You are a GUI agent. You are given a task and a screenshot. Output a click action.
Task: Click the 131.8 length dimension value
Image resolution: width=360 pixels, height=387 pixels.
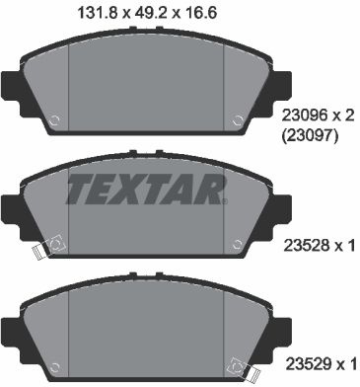click(97, 14)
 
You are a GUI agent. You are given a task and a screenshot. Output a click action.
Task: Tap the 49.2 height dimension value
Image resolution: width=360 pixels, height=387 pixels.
click(150, 14)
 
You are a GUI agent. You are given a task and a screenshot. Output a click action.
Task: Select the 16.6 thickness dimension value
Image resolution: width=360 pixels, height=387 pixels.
click(199, 14)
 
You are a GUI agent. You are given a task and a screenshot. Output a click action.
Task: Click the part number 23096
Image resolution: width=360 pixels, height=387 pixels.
click(305, 116)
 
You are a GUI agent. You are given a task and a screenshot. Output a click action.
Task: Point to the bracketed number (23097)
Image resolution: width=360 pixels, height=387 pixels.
click(310, 135)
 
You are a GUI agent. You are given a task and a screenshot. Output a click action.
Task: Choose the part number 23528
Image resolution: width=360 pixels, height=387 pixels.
click(307, 246)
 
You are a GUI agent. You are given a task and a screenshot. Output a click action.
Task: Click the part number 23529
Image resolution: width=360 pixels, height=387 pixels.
click(308, 364)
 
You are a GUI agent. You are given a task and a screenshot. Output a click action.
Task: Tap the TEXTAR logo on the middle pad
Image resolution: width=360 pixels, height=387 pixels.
click(147, 189)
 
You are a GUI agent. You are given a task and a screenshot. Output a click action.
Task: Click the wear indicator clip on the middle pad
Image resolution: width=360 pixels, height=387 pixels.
click(47, 247)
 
